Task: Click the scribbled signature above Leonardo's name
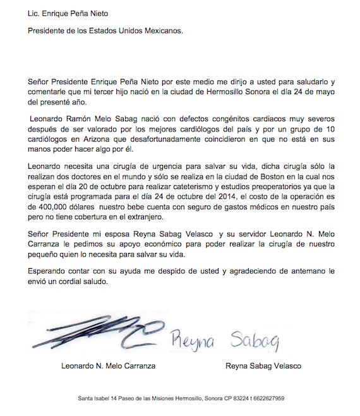92,332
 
